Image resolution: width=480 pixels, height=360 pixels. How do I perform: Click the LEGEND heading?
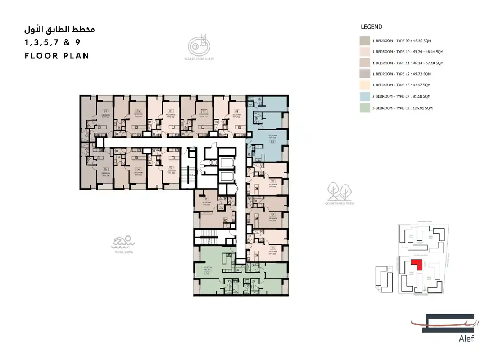tap(371, 27)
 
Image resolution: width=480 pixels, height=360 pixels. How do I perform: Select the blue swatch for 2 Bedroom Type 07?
tap(365, 96)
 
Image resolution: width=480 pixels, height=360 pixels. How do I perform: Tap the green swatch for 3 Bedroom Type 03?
tap(365, 108)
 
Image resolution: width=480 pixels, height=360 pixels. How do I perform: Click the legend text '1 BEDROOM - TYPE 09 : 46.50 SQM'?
tap(402, 41)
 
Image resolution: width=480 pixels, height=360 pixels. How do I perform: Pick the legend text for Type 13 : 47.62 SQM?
tap(401, 85)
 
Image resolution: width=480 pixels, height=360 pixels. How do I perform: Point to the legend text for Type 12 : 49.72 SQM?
tap(402, 74)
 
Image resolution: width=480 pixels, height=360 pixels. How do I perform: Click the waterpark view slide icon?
tap(199, 46)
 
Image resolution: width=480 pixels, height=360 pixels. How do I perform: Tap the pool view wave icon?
tap(123, 242)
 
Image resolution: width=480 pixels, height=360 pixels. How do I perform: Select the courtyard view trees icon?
tap(339, 192)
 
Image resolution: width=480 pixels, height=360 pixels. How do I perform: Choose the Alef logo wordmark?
tap(466, 338)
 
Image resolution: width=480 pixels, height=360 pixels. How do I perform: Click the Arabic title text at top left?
tap(60, 29)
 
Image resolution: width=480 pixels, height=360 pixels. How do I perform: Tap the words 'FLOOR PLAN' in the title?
tap(57, 56)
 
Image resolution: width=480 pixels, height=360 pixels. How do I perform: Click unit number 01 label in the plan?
tap(105, 112)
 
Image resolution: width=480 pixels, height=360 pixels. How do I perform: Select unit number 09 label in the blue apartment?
tap(272, 141)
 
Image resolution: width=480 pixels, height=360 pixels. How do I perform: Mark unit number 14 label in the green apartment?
tap(207, 273)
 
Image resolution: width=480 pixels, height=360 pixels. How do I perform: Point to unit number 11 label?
tap(206, 199)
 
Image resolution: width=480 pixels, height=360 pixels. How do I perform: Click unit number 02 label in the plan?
tap(106, 169)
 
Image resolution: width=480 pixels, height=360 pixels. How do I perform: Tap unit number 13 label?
tap(273, 248)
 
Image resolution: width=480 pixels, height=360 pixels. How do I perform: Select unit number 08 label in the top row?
tap(237, 112)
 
